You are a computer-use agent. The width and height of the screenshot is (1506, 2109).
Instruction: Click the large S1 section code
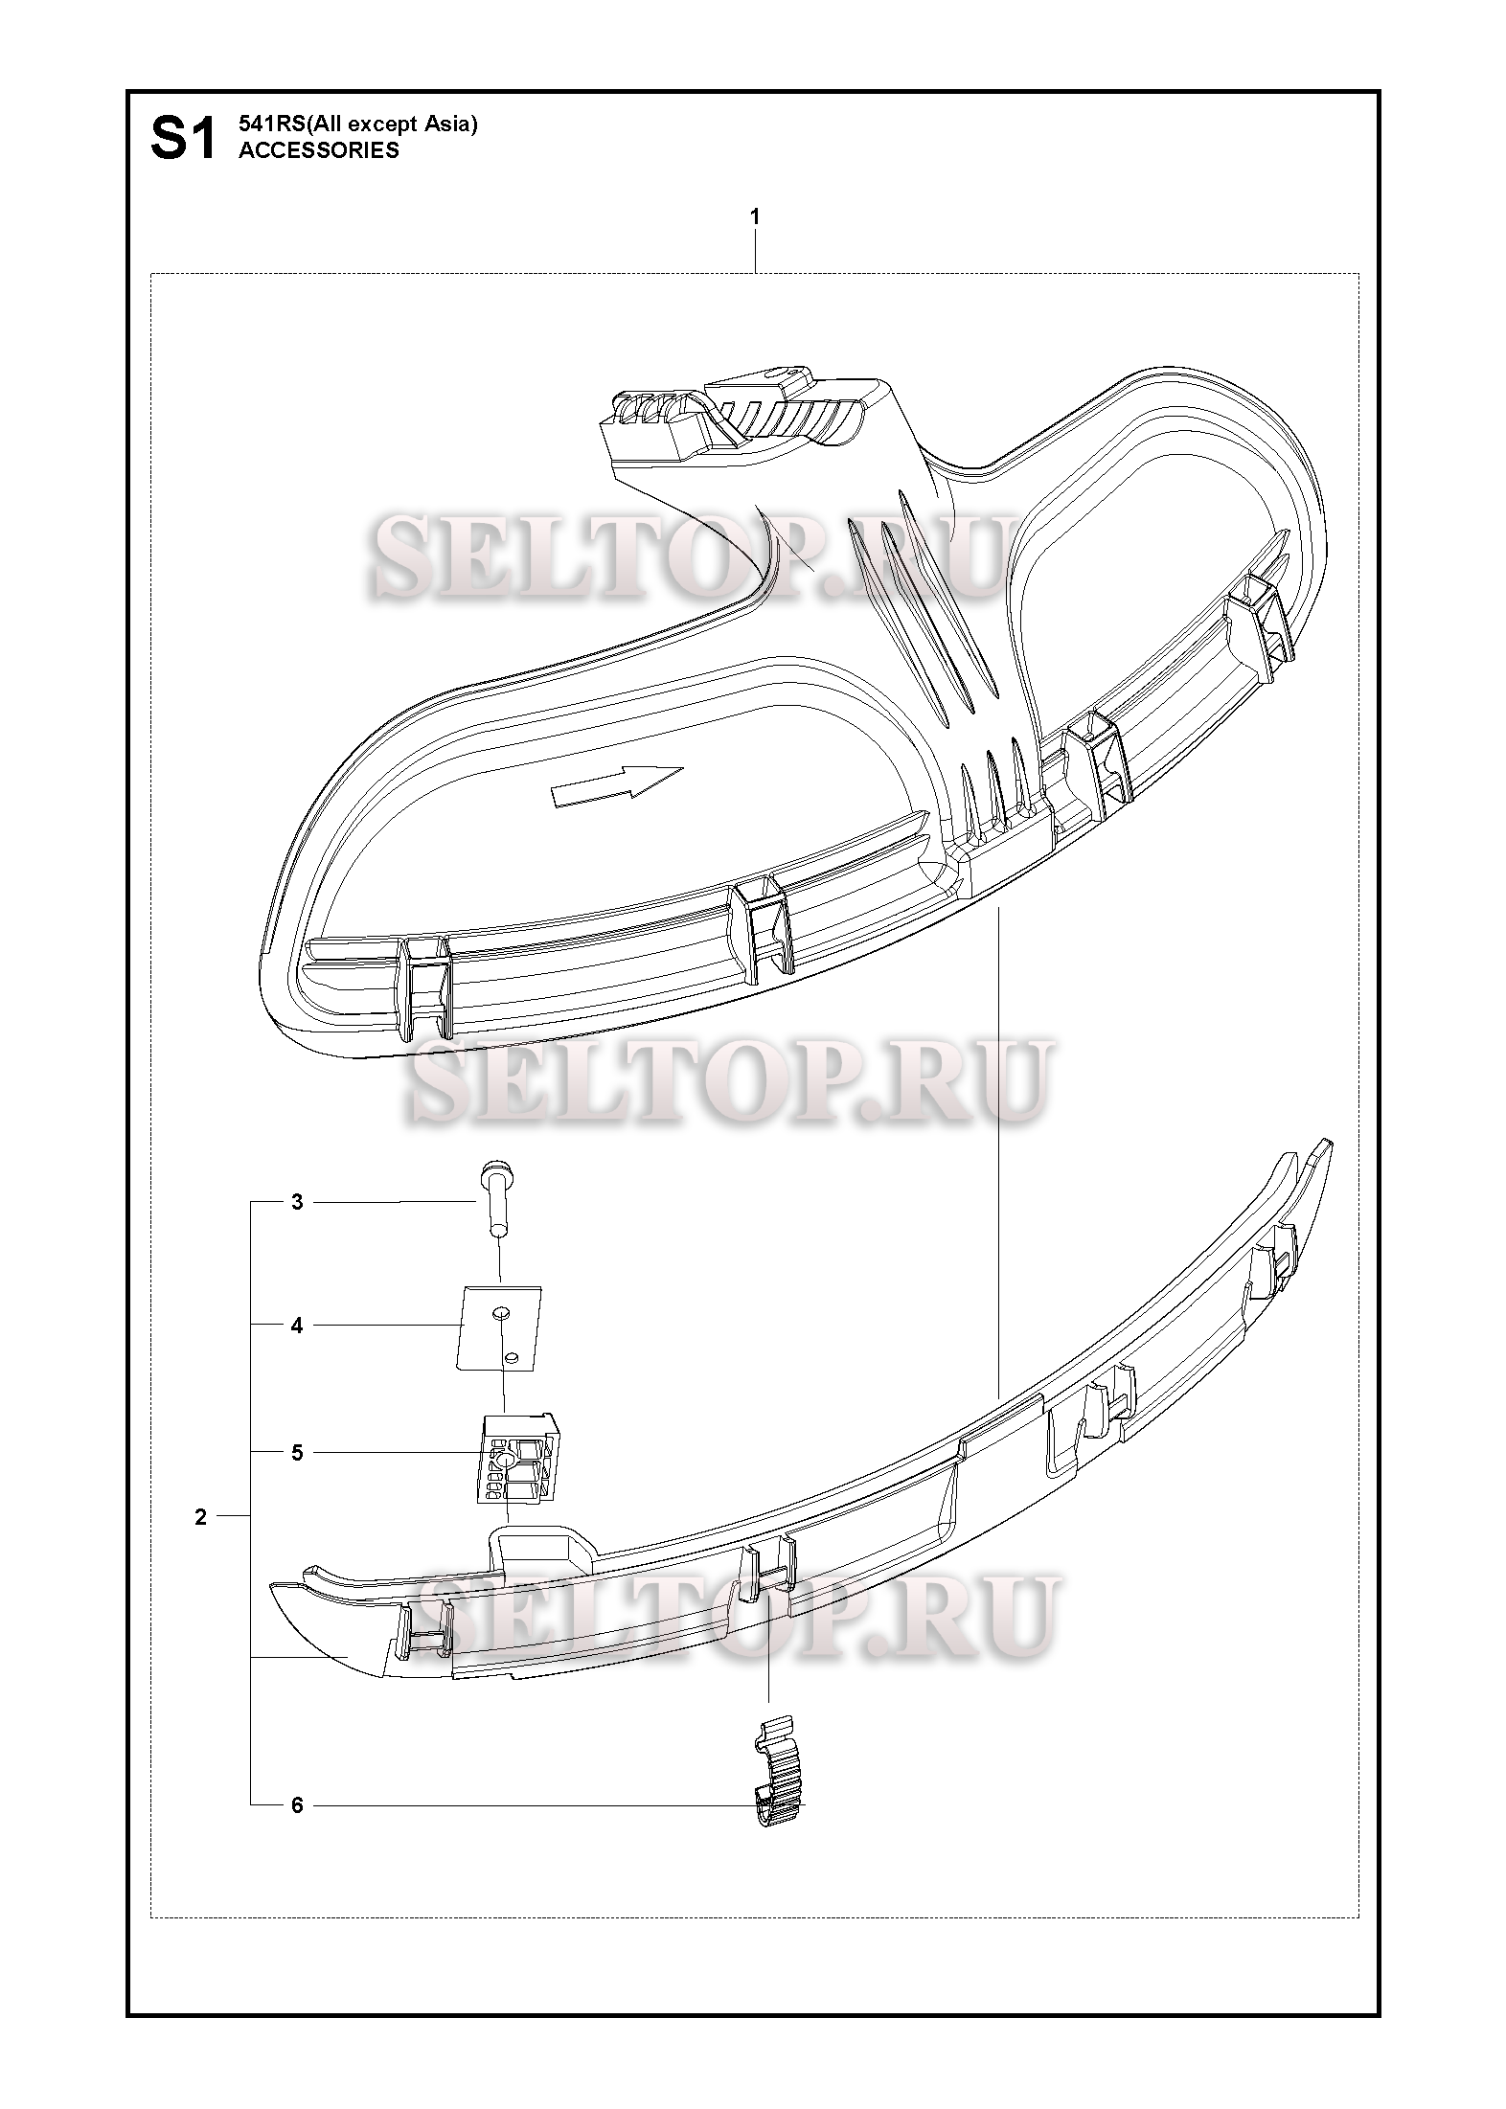(x=183, y=140)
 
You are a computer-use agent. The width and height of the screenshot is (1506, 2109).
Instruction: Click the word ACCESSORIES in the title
(x=319, y=150)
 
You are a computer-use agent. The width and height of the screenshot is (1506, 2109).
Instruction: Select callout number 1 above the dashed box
(x=755, y=217)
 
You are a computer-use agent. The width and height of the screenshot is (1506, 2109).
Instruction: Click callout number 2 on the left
(x=200, y=1517)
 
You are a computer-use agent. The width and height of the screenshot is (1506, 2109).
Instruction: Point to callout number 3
(x=297, y=1202)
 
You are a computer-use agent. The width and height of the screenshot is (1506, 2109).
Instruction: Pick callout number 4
(x=297, y=1326)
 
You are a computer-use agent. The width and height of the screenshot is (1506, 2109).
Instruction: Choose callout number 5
(x=297, y=1453)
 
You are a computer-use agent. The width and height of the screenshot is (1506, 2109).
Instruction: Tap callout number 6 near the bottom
(x=297, y=1806)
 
